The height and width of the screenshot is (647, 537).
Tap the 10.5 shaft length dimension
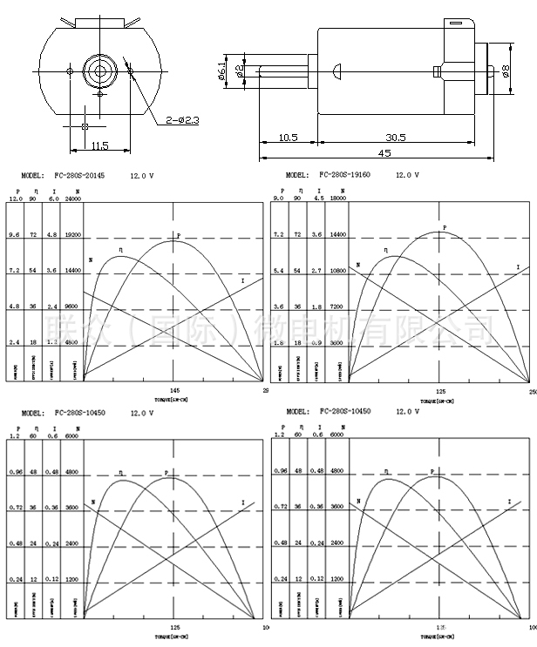(289, 138)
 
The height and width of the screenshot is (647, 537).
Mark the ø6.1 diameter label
(223, 70)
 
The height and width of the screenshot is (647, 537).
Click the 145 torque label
(175, 391)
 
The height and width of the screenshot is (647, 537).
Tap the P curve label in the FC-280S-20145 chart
(178, 236)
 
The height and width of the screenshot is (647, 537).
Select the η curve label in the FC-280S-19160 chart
(384, 251)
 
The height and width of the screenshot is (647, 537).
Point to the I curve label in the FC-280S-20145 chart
(242, 280)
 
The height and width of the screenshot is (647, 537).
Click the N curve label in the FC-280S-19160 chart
(356, 266)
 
